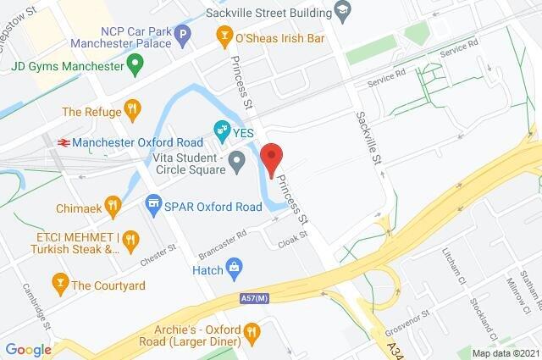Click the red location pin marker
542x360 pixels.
[270, 158]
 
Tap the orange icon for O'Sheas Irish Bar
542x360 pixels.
[224, 36]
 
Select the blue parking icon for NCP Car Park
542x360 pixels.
[182, 36]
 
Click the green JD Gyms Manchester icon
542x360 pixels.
[134, 64]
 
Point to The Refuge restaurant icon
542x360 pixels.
[131, 109]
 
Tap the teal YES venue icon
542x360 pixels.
[222, 130]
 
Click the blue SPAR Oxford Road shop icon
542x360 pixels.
[152, 203]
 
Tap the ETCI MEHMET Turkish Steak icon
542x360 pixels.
[130, 241]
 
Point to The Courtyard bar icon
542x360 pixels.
[59, 284]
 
